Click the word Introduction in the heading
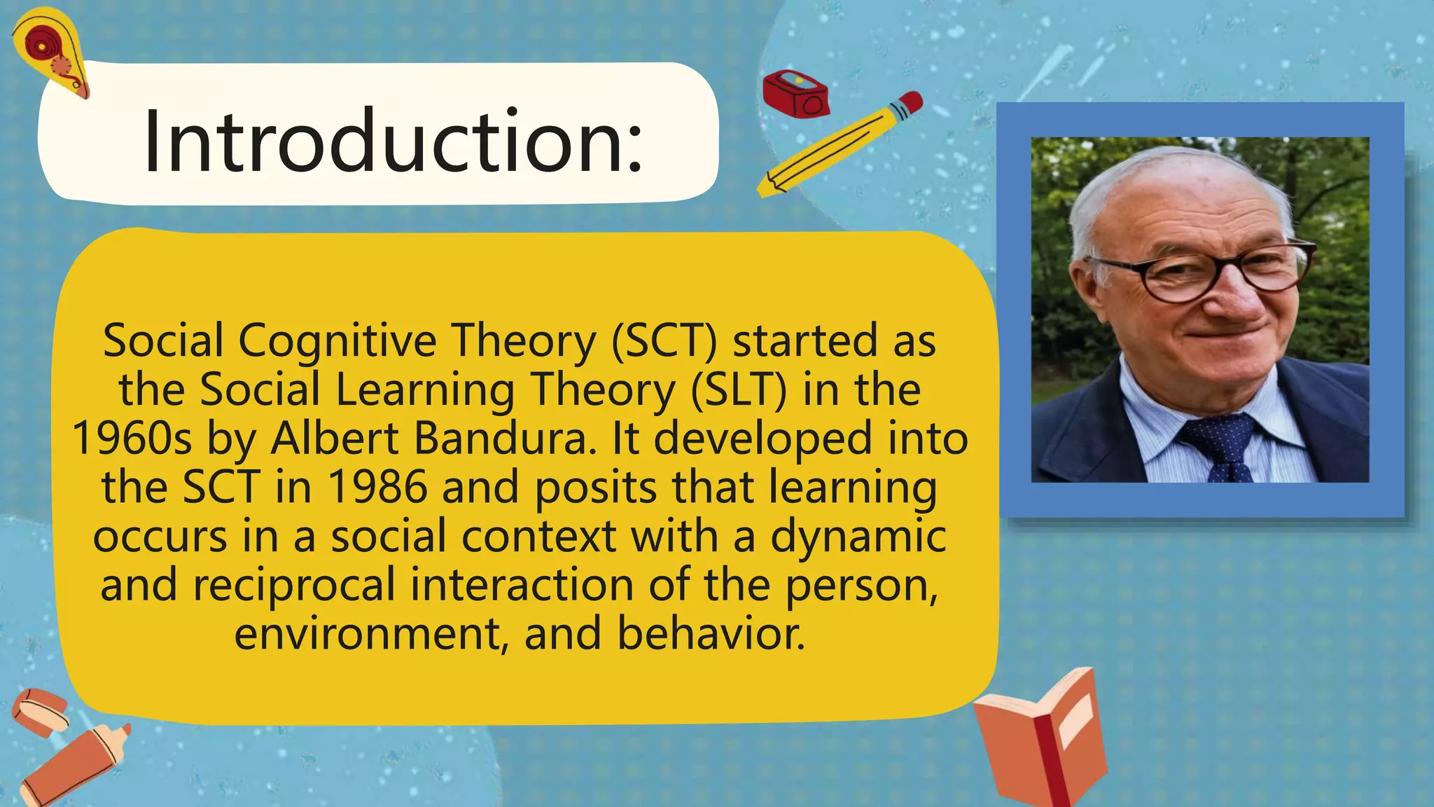click(393, 142)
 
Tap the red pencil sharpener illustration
click(796, 94)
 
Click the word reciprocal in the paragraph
click(294, 585)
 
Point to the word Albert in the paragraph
click(335, 439)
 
